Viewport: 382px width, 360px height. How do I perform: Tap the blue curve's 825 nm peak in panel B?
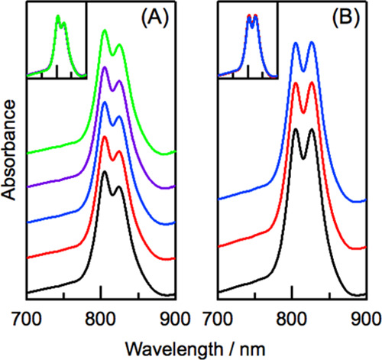coord(311,44)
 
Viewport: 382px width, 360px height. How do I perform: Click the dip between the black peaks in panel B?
coord(303,158)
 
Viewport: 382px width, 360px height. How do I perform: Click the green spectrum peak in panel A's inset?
coord(57,18)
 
